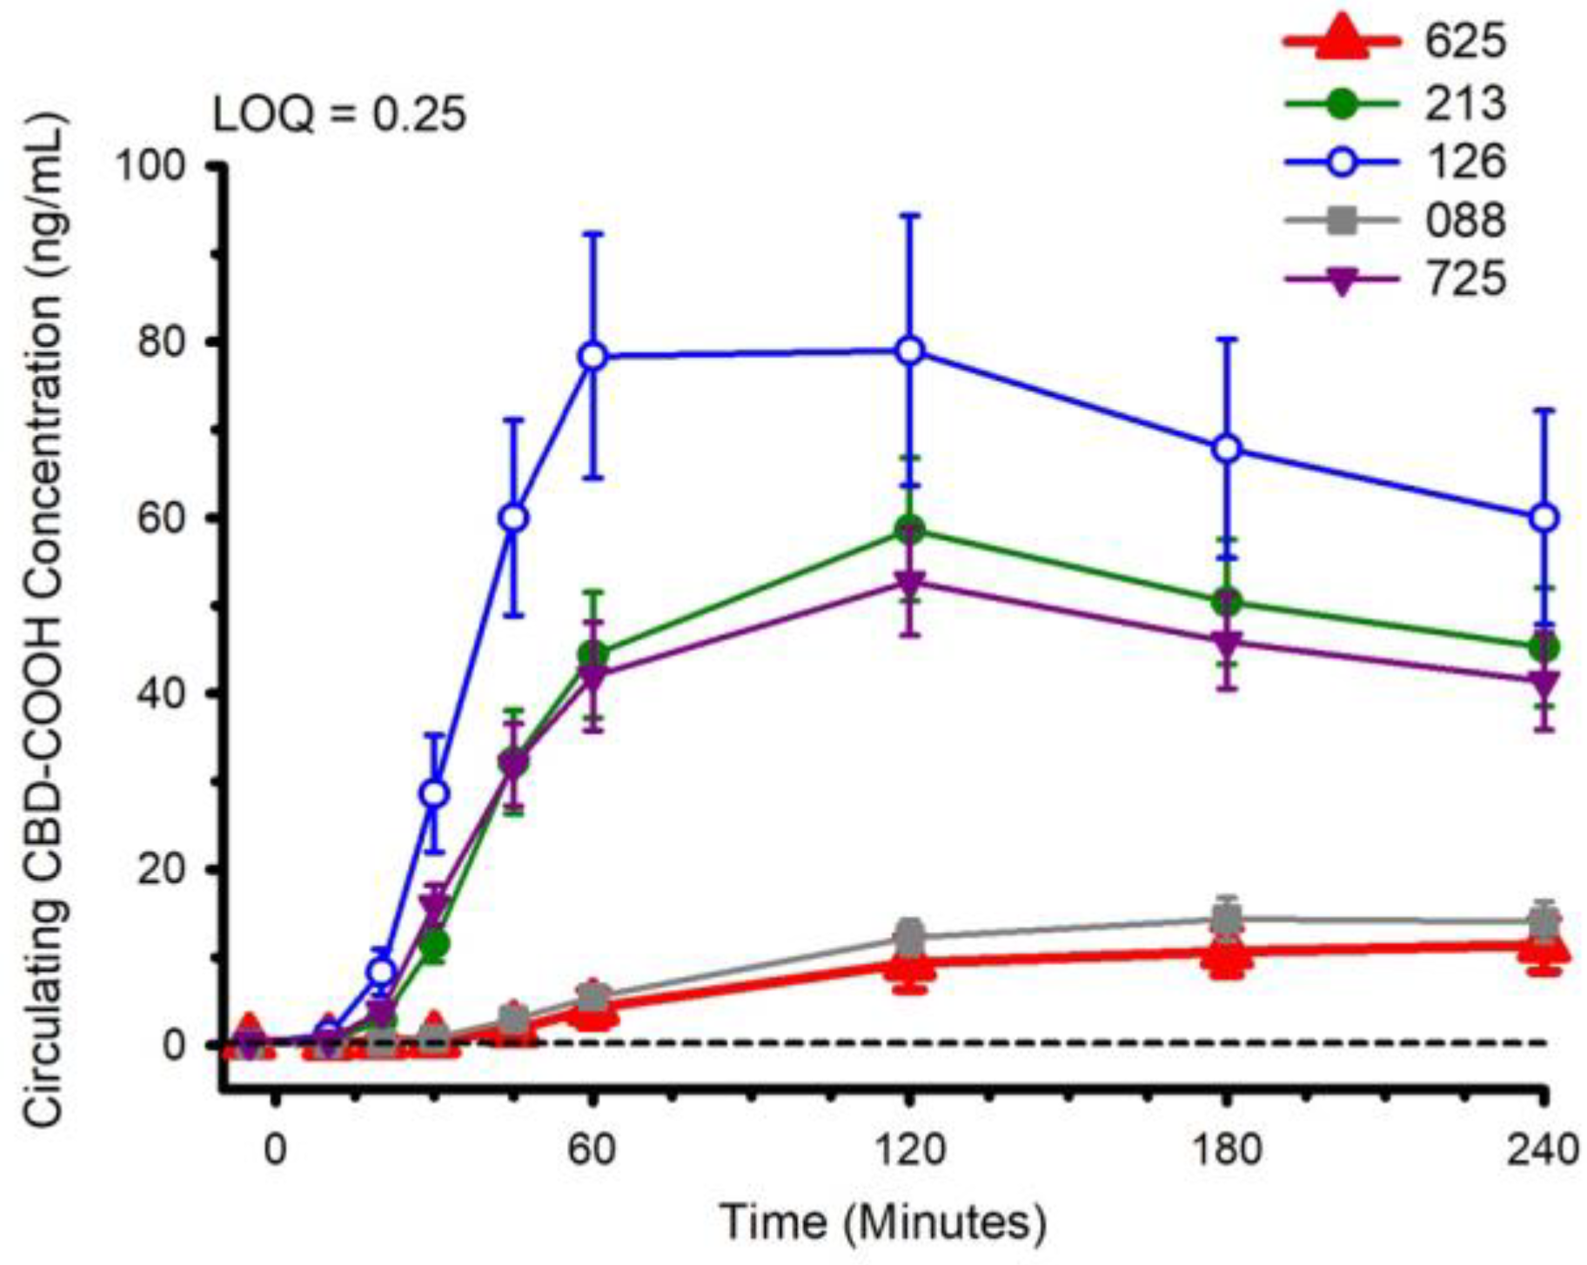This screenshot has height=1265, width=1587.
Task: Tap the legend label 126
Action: [1464, 162]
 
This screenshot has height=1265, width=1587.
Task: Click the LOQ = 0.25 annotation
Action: [339, 114]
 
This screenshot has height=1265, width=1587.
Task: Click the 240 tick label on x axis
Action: [1543, 1150]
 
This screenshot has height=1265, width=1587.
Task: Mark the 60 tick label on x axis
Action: [593, 1150]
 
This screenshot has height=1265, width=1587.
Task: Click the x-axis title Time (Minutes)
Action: [883, 1221]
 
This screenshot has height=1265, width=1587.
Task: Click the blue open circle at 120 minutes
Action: [909, 351]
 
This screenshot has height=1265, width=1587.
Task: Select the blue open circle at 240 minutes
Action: [1543, 518]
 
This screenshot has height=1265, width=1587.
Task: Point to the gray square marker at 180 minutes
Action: [1227, 918]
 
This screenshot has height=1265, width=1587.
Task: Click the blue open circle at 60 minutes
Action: [593, 356]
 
